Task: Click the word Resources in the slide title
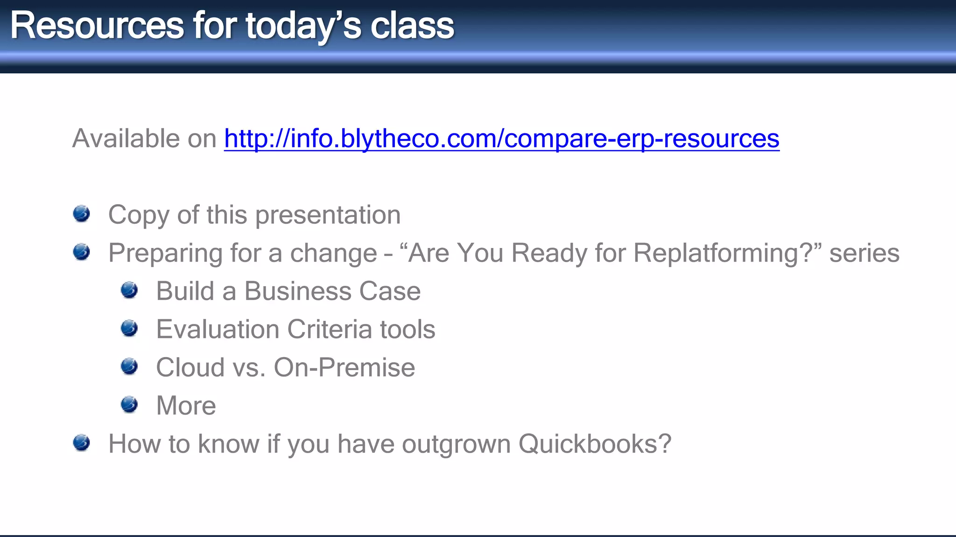pyautogui.click(x=97, y=26)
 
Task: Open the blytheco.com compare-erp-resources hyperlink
pyautogui.click(x=501, y=139)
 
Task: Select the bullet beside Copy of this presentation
pyautogui.click(x=82, y=214)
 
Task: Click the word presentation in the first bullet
pyautogui.click(x=328, y=215)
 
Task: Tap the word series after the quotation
pyautogui.click(x=864, y=254)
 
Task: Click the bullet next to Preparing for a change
pyautogui.click(x=82, y=252)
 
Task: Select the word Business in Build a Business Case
pyautogui.click(x=297, y=291)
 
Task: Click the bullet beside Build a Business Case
pyautogui.click(x=129, y=290)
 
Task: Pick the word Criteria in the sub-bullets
pyautogui.click(x=330, y=330)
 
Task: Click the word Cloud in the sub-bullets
pyautogui.click(x=190, y=368)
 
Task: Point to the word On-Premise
pyautogui.click(x=344, y=368)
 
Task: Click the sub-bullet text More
pyautogui.click(x=186, y=406)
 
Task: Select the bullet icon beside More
pyautogui.click(x=129, y=405)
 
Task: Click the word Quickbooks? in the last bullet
pyautogui.click(x=595, y=444)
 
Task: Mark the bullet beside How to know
pyautogui.click(x=82, y=443)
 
